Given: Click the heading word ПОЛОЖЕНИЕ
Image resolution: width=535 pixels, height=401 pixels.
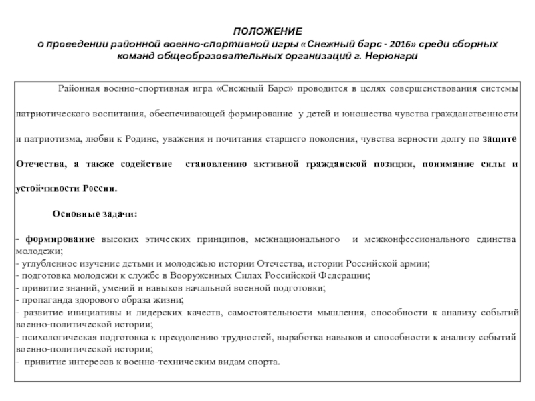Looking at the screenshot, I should pyautogui.click(x=267, y=32).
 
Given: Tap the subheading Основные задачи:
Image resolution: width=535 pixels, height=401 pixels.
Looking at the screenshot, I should pyautogui.click(x=95, y=214).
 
